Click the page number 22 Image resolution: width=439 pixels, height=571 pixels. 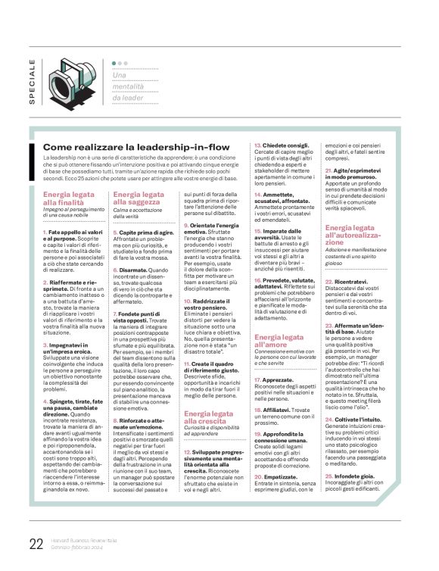(x=36, y=543)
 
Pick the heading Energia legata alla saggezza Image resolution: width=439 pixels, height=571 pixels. (x=138, y=198)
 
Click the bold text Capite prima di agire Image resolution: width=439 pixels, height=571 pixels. (x=143, y=233)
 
